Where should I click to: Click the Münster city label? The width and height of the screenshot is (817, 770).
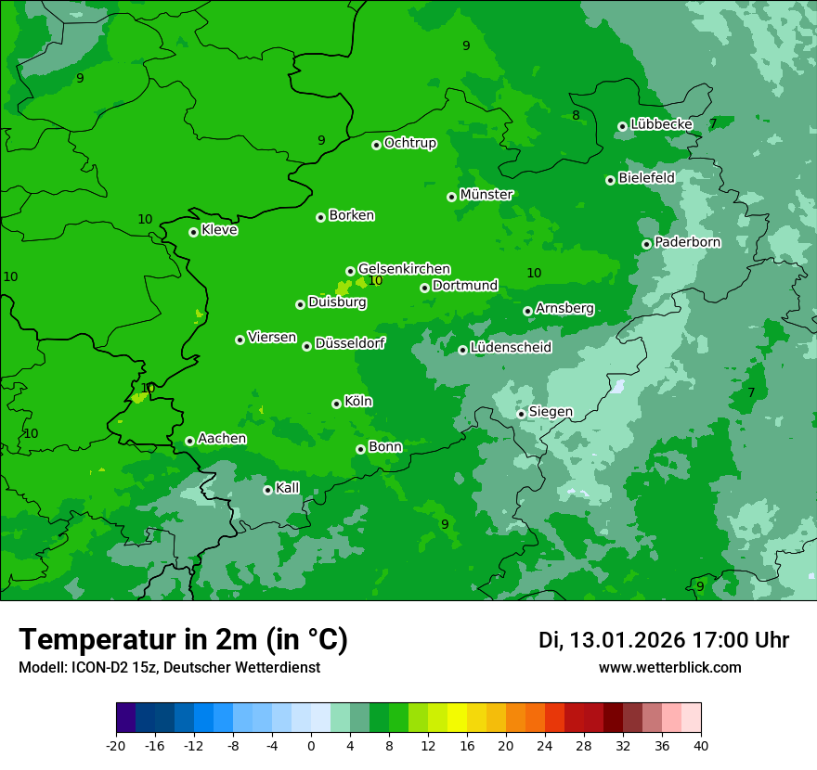point(486,195)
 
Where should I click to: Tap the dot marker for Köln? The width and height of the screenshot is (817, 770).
point(336,404)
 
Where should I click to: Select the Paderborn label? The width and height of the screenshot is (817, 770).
point(687,242)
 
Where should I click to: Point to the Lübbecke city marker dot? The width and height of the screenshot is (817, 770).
point(622,126)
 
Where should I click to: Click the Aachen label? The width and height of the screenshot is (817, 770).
point(222,438)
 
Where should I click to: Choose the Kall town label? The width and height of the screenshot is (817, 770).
point(288,488)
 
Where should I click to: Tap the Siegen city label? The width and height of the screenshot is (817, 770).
point(551,412)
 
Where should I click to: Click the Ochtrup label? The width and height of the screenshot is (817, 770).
point(409,143)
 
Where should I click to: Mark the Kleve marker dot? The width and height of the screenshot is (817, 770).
point(193,232)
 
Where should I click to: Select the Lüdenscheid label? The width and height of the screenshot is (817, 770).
point(511,348)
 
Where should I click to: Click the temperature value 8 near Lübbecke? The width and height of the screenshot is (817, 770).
point(576,115)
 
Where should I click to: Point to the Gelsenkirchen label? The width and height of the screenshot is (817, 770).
point(404,269)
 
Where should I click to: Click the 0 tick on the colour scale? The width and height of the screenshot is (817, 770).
point(311,745)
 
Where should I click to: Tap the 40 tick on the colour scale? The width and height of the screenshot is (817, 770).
point(700,745)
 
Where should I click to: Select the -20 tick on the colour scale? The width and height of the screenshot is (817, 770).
point(116,745)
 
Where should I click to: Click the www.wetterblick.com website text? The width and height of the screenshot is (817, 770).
point(669,668)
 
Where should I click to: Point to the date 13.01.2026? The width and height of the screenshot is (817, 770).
point(627,640)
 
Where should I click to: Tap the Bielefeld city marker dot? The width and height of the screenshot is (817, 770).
point(610,180)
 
